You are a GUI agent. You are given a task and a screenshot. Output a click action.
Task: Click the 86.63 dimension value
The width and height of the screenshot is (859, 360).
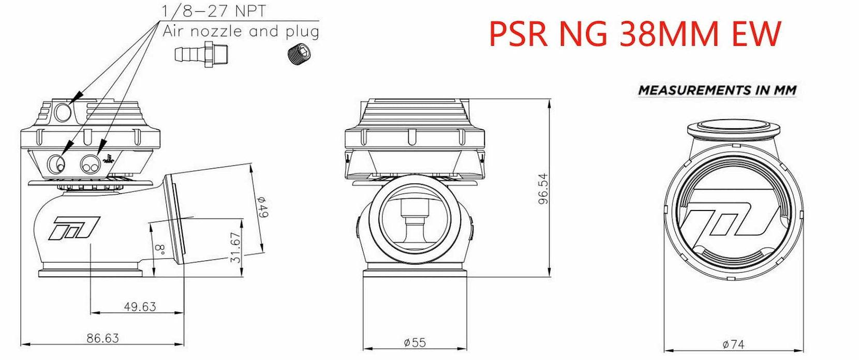102,338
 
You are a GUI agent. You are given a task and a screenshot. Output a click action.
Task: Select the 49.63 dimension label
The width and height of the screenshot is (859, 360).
140,307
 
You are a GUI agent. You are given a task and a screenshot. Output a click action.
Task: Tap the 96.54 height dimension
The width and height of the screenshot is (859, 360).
543,188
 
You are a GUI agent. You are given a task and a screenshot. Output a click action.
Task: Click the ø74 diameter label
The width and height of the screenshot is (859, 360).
733,343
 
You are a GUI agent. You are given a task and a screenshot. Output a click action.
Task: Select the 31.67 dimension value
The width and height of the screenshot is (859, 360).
236,248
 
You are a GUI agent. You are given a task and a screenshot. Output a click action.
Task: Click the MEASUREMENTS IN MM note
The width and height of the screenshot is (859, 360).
717,90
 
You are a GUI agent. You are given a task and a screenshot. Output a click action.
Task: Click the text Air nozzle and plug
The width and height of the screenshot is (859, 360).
241,31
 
